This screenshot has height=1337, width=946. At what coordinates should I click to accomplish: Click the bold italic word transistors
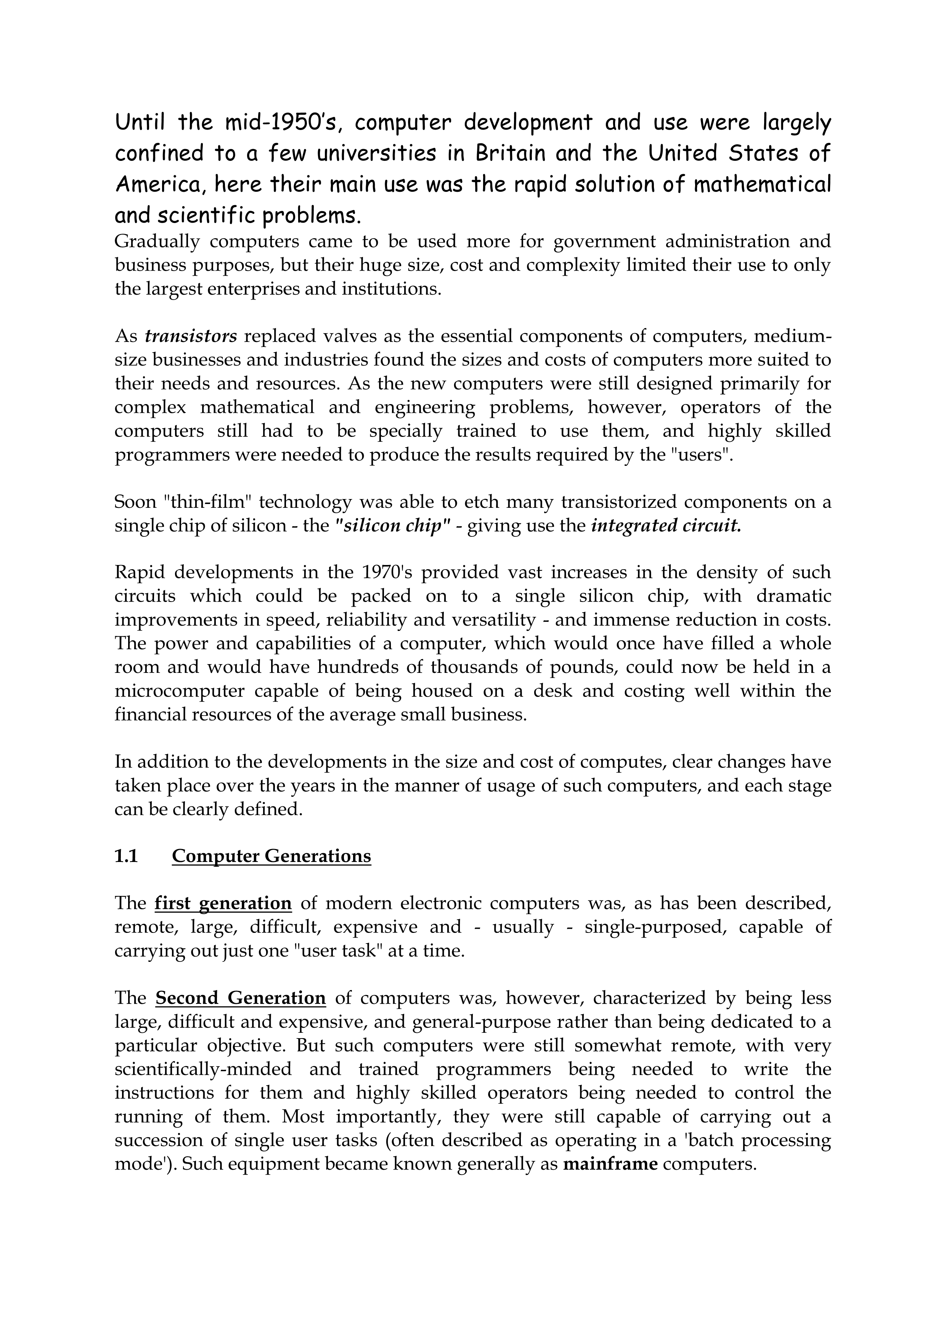coord(191,336)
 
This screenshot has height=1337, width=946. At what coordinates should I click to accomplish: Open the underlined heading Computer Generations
coord(271,856)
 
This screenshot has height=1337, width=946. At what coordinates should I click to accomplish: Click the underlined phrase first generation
coord(223,903)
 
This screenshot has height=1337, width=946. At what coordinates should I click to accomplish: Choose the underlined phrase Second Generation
coord(240,998)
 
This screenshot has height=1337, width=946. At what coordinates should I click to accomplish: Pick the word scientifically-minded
coord(203,1069)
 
